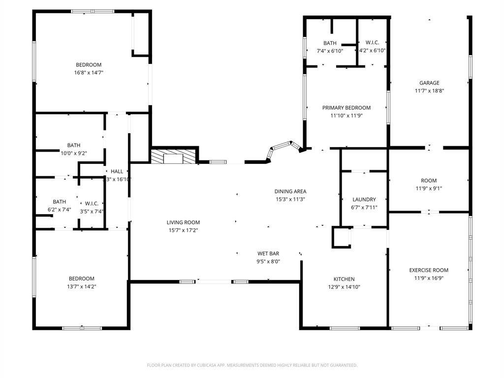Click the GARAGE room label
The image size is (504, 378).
click(429, 83)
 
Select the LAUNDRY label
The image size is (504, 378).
click(364, 199)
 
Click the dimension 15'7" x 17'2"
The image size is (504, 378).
click(183, 230)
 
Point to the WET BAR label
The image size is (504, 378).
click(268, 253)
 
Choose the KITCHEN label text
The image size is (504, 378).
click(344, 279)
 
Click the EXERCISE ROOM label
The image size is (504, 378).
click(429, 270)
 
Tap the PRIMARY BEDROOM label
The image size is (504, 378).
click(346, 108)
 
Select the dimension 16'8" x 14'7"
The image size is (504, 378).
click(89, 73)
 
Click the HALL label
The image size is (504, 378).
click(117, 171)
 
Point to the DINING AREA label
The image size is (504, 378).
click(290, 191)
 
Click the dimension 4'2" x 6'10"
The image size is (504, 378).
click(372, 51)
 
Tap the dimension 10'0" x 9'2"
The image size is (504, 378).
click(74, 153)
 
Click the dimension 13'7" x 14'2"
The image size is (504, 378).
click(82, 286)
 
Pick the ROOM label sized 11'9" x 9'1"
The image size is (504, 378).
click(429, 181)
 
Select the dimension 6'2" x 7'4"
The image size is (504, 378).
click(59, 210)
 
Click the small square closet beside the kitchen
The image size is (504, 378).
click(341, 236)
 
